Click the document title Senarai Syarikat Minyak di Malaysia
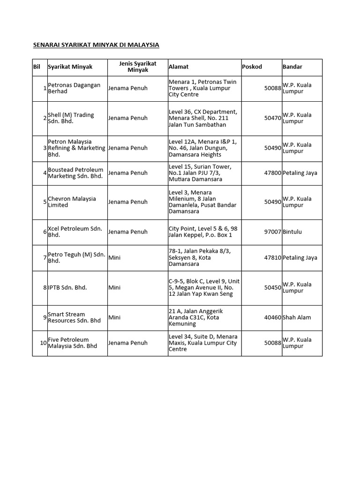click(x=96, y=45)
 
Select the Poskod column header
click(x=252, y=67)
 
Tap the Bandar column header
click(x=292, y=67)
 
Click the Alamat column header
click(x=179, y=67)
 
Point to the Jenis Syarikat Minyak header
click(x=138, y=67)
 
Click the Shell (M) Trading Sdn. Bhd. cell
click(x=71, y=118)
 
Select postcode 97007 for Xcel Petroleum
click(x=273, y=232)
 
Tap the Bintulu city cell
click(x=293, y=232)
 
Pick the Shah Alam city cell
click(x=297, y=317)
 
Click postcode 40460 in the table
click(x=273, y=317)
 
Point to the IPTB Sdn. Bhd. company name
click(x=67, y=287)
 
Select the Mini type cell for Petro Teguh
click(x=114, y=257)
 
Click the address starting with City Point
click(x=202, y=232)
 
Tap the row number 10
click(x=43, y=343)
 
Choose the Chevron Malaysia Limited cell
click(x=72, y=202)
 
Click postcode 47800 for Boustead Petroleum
click(x=273, y=173)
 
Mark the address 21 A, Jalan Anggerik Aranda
click(x=196, y=317)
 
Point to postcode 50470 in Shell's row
click(x=273, y=118)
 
